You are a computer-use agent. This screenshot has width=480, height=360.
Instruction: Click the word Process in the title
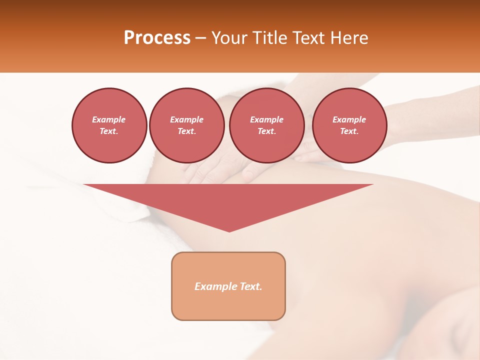[x=157, y=38]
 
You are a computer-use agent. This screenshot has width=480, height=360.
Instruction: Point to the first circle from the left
[x=109, y=125]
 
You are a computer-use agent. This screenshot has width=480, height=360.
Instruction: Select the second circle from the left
[x=186, y=125]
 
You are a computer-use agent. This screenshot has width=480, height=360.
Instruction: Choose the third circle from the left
[x=266, y=125]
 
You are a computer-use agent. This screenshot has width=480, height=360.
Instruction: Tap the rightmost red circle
[x=349, y=125]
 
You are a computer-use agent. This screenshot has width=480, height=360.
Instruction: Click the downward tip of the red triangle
[x=229, y=230]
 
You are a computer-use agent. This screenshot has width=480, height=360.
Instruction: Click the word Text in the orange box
[x=250, y=286]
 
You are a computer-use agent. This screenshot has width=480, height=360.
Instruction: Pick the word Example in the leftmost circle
[x=109, y=119]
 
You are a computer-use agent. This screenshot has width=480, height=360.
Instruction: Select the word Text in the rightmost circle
[x=348, y=131]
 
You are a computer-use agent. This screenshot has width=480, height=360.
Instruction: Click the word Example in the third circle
[x=266, y=119]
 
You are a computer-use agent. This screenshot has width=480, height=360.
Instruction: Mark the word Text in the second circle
[x=186, y=131]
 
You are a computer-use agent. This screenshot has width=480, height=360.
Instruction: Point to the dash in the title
[x=200, y=38]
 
